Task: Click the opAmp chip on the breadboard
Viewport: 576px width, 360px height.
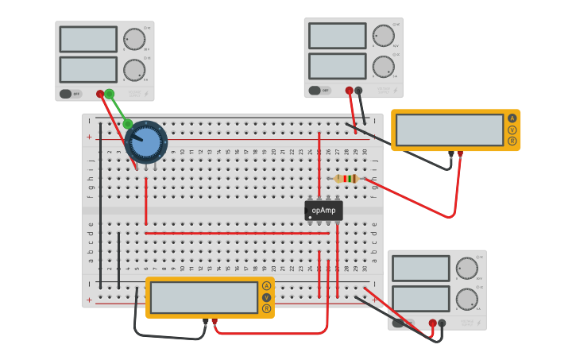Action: point(323,211)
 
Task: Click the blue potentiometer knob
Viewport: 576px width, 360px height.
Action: point(146,143)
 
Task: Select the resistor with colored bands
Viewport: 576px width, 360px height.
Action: point(346,179)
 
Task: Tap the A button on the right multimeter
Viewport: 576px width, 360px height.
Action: point(512,118)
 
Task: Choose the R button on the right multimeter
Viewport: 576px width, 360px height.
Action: point(512,141)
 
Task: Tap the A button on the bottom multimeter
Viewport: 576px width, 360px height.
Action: point(266,286)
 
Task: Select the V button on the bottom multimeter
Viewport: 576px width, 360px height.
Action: point(266,297)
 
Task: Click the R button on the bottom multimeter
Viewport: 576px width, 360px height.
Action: point(266,308)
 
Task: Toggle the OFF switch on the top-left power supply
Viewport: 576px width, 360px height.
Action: point(70,94)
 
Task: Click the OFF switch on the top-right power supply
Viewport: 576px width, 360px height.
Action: point(319,91)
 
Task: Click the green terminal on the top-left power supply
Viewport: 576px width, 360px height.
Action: point(110,94)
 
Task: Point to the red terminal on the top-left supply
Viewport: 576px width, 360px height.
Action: point(100,94)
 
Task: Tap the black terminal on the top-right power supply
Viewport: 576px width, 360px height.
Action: point(358,91)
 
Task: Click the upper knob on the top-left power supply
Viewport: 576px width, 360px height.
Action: point(134,39)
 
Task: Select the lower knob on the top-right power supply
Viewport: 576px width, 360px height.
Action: point(383,66)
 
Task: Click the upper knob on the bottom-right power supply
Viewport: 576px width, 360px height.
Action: point(466,269)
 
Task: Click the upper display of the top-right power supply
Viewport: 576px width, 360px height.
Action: point(337,36)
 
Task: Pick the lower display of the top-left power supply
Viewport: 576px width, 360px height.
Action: point(88,69)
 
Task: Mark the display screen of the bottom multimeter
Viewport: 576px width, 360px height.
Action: point(204,297)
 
